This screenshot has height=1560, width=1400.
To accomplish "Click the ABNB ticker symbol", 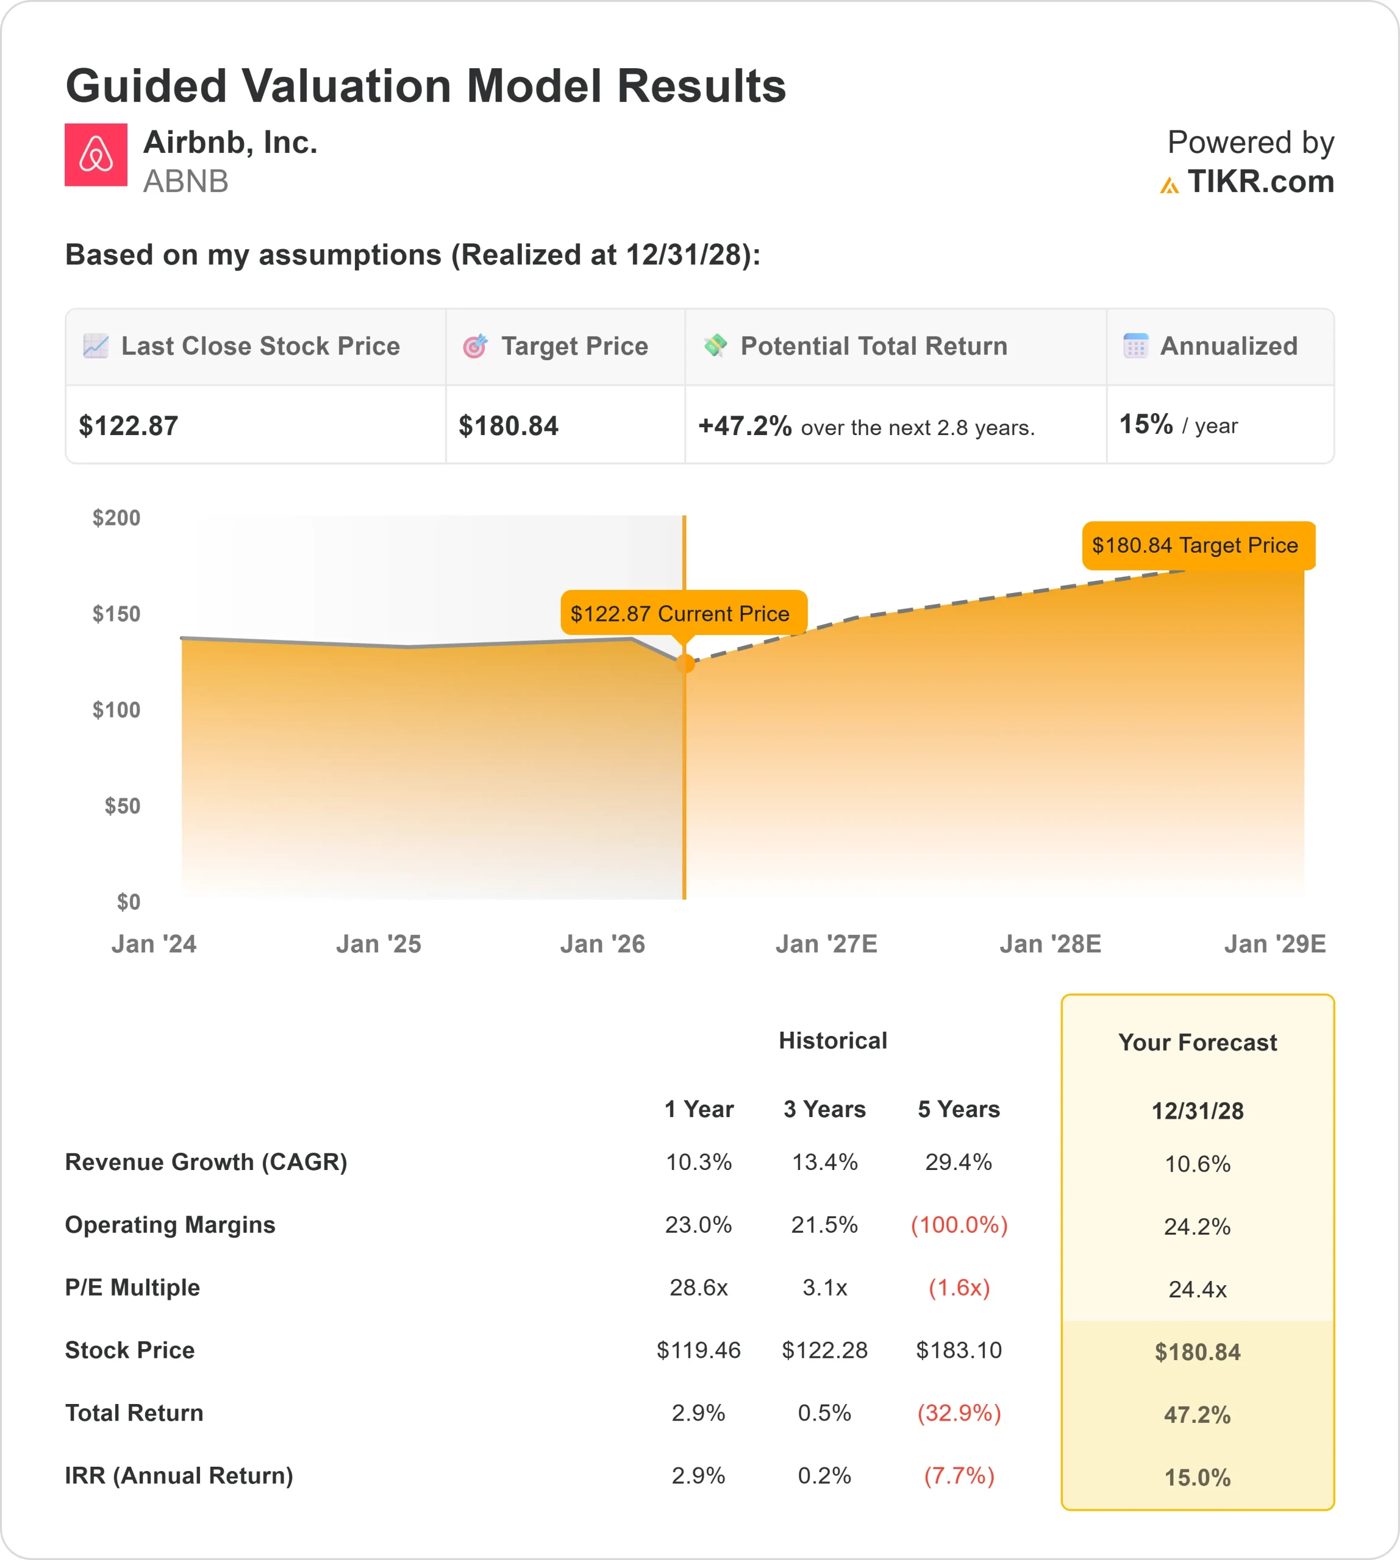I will point(185,182).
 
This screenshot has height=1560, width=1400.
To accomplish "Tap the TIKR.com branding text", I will point(1259,182).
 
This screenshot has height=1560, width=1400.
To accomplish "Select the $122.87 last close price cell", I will point(129,425).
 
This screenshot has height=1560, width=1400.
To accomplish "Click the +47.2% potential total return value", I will point(744,425).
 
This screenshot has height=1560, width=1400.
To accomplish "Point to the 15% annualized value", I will point(1145,424).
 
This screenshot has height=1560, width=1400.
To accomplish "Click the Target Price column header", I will point(574,346).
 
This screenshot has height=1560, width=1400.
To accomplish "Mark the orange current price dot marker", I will point(685,663).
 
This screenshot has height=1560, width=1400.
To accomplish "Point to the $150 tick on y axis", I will point(116,614).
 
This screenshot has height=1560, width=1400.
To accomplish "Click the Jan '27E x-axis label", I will point(826,943).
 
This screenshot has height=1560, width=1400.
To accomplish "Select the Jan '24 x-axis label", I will point(154,943).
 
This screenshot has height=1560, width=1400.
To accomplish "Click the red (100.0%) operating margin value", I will point(959,1224).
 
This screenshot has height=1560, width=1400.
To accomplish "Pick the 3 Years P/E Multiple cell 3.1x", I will point(824,1287).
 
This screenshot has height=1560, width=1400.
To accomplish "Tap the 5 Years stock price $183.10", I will point(959,1350).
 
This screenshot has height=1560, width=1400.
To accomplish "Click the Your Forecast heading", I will point(1197,1042).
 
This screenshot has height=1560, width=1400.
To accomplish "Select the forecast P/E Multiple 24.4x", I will point(1197,1289).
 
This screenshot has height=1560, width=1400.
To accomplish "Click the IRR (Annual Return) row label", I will point(179,1475).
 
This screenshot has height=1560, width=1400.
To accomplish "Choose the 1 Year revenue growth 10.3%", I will point(698,1161).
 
